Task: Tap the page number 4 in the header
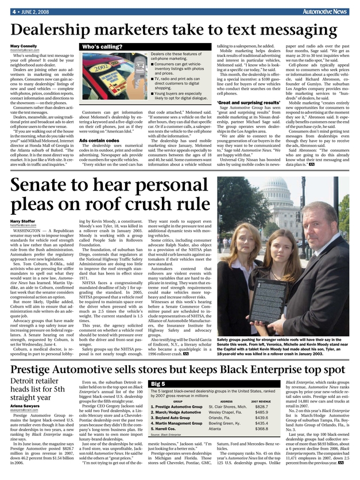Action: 12,11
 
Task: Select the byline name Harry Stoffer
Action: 21,221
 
